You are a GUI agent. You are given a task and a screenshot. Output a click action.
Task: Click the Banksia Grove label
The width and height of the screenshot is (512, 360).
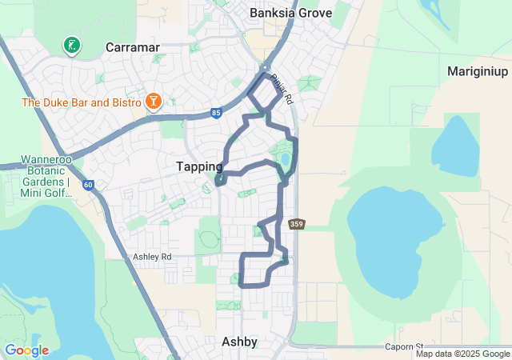[x=289, y=13]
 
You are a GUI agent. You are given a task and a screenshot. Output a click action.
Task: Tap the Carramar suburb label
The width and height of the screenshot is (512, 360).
[x=135, y=48]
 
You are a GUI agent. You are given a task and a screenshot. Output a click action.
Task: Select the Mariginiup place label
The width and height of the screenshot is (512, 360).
[x=478, y=71]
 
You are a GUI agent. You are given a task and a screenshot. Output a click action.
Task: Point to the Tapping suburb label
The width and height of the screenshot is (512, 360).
[x=199, y=166]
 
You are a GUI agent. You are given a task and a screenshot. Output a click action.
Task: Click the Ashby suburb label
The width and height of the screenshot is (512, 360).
[x=239, y=342]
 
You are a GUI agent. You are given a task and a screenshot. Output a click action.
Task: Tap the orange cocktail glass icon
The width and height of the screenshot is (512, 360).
[x=153, y=102]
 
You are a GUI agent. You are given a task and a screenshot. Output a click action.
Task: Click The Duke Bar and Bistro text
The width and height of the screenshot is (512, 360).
[x=81, y=102]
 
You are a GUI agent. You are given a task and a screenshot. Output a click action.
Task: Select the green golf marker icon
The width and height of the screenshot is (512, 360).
[x=72, y=46]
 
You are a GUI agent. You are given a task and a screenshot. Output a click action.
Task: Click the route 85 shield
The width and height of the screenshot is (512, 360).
[x=217, y=114]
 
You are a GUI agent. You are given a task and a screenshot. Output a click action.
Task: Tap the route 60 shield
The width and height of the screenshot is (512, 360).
[x=87, y=186]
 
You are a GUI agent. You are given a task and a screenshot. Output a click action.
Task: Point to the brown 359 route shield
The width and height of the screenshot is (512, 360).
[x=297, y=224]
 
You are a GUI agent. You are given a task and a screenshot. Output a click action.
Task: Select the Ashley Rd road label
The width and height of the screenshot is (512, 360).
[x=152, y=257]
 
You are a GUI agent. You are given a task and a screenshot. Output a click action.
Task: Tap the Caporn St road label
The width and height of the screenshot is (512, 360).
[x=402, y=347]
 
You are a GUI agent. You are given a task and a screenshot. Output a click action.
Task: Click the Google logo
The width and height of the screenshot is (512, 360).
[x=26, y=350]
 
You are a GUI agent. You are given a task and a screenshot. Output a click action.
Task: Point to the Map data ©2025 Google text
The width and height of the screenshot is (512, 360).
[x=462, y=354]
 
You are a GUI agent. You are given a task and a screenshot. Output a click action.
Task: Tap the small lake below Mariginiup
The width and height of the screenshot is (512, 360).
[x=458, y=146]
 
